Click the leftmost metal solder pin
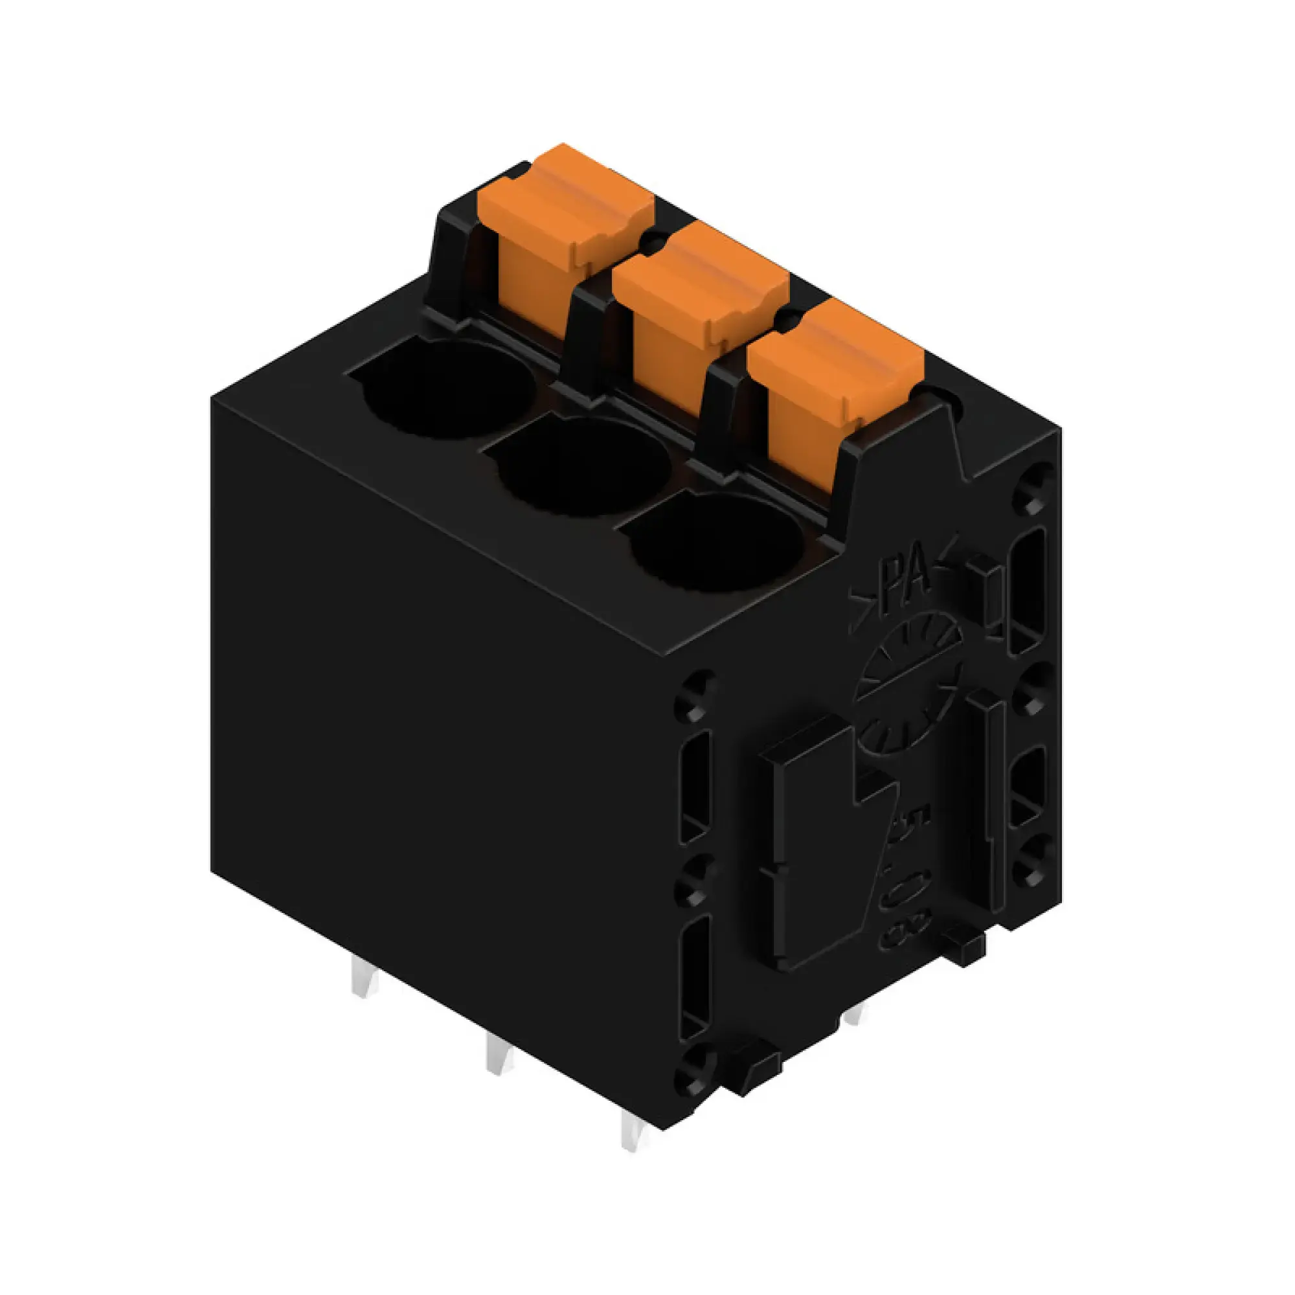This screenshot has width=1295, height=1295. [x=363, y=985]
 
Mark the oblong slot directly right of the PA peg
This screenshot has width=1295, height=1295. [x=1026, y=590]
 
